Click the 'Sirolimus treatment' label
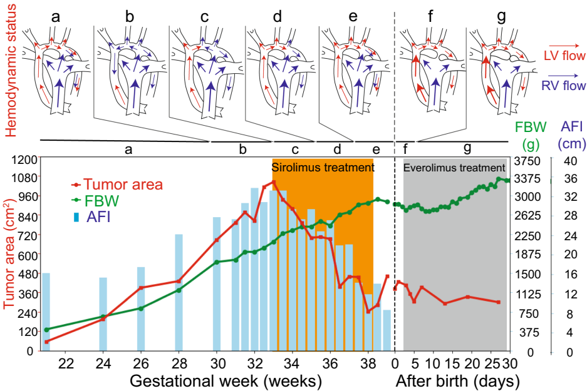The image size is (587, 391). pyautogui.click(x=323, y=168)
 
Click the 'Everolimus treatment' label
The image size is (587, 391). pyautogui.click(x=454, y=168)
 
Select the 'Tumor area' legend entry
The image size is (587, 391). pyautogui.click(x=123, y=185)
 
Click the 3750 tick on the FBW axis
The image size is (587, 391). pyautogui.click(x=526, y=160)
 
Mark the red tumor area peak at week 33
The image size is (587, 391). pyautogui.click(x=273, y=182)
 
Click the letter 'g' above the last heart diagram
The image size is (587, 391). pyautogui.click(x=501, y=17)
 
